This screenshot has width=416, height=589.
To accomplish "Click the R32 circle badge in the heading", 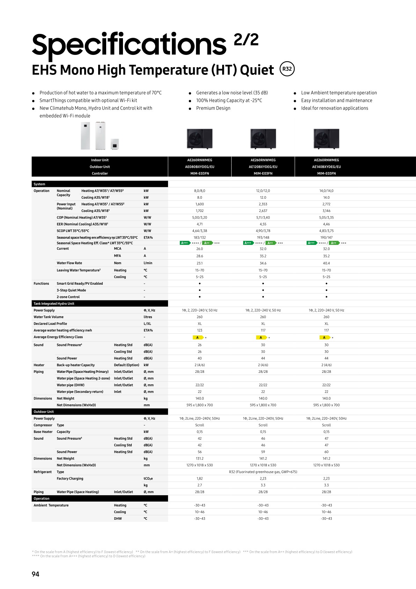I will tap(287, 69).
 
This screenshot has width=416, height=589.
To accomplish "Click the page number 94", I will tap(35, 574).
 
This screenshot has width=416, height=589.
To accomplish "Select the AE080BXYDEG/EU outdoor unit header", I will tap(199, 167).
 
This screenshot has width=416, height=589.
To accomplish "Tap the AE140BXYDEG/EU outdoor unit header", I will tap(326, 167).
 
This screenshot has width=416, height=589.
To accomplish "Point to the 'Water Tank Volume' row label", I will tap(49, 317).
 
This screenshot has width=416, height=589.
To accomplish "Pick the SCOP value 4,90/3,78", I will tap(263, 231).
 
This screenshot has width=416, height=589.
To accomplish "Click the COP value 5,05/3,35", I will tap(326, 218).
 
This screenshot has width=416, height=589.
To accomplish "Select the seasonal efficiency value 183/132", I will tap(199, 237).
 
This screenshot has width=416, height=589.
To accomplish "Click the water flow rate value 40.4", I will tap(326, 263).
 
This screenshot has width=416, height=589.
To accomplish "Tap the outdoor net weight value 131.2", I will tap(199, 459).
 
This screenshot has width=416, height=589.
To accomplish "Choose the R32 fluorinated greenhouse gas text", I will tap(263, 472).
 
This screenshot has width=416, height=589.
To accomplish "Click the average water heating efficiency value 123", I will tap(199, 330).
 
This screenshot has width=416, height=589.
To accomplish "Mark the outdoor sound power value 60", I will tap(326, 452).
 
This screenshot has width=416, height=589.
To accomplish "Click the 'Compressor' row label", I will tap(43, 425).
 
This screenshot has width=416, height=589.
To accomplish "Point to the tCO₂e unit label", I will tap(148, 478).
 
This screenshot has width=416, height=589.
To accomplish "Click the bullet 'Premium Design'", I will tap(213, 108).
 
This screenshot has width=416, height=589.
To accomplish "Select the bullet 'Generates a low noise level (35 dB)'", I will tap(232, 93).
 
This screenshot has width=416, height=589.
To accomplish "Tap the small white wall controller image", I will tap(115, 144).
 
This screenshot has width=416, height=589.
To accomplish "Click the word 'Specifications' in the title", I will tap(129, 44).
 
